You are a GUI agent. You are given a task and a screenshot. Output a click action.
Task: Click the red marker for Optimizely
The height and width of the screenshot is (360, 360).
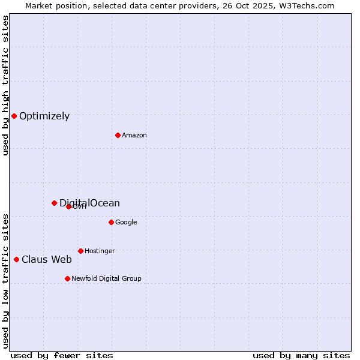[14, 116]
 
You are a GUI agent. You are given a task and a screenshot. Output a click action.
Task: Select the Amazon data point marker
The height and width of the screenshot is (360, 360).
[118, 135]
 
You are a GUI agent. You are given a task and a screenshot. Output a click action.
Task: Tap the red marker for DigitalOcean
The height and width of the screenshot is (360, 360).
[54, 203]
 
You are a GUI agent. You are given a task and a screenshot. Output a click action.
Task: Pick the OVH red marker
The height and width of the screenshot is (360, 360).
[68, 206]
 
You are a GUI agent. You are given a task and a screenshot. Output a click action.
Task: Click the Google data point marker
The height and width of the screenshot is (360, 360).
[111, 222]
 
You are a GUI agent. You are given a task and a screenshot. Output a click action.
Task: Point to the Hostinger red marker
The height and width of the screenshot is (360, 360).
[80, 251]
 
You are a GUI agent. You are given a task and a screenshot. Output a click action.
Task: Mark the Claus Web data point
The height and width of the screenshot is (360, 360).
[16, 259]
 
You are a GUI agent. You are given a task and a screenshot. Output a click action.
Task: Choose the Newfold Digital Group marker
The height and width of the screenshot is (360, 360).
[67, 278]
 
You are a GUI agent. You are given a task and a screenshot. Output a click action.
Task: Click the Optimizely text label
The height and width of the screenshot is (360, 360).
[44, 116]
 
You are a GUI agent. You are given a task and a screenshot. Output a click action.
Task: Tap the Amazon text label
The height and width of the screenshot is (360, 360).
[134, 135]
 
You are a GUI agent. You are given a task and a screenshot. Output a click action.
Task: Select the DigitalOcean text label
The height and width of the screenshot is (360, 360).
[89, 203]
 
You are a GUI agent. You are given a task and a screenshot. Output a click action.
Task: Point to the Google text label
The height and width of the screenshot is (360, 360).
[126, 222]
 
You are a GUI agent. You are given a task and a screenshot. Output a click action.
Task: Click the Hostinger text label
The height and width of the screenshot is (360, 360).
[100, 251]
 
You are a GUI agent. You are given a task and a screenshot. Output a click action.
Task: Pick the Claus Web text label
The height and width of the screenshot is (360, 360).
[47, 259]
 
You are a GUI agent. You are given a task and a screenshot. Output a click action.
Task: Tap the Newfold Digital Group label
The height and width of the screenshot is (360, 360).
[106, 278]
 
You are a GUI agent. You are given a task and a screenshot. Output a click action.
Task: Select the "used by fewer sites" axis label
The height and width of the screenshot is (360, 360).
[62, 355]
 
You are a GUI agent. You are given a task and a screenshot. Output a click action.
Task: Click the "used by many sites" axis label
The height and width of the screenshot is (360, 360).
[301, 355]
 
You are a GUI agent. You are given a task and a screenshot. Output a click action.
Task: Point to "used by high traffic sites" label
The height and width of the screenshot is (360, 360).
[5, 85]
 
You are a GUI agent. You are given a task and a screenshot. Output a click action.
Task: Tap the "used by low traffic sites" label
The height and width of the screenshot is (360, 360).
[5, 280]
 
